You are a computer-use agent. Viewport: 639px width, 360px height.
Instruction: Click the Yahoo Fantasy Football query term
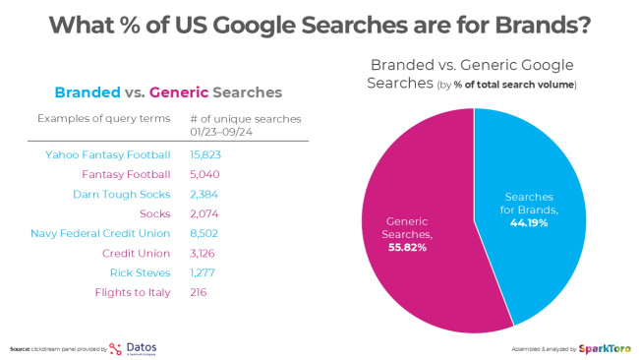pyautogui.click(x=108, y=154)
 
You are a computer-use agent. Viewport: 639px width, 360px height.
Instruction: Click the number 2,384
pyautogui.click(x=203, y=194)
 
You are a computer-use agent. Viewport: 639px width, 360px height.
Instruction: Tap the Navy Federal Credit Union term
pyautogui.click(x=101, y=233)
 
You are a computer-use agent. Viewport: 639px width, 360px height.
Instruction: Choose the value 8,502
pyautogui.click(x=204, y=233)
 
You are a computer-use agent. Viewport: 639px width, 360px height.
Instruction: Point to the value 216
pyautogui.click(x=198, y=292)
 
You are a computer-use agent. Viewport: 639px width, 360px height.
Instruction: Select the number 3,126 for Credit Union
pyautogui.click(x=203, y=253)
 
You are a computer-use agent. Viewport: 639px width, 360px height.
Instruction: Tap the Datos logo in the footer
pyautogui.click(x=132, y=347)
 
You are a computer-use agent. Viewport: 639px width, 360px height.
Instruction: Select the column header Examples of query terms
pyautogui.click(x=96, y=119)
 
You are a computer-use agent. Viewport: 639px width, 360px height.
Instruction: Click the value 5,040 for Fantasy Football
pyautogui.click(x=204, y=174)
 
